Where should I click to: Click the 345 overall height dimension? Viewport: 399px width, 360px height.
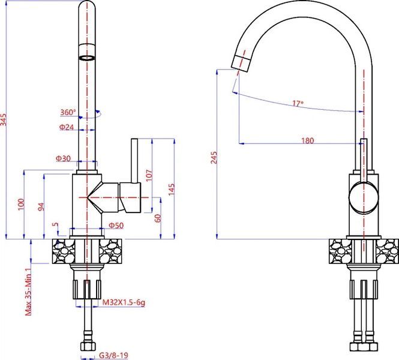coord(4,119)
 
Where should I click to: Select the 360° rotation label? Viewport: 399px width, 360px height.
coord(68,112)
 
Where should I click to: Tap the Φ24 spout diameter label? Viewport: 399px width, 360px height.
coord(67,127)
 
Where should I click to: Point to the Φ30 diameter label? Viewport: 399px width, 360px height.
coord(63,158)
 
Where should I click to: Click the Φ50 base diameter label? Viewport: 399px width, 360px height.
coord(116,226)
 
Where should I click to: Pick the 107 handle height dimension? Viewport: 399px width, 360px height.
coord(149,175)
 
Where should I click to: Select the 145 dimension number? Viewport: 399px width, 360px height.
coord(172,189)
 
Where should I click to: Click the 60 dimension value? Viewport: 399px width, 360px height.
coord(158,218)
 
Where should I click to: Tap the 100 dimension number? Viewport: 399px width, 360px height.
coord(20,204)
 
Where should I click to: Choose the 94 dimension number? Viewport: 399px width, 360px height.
coord(41,207)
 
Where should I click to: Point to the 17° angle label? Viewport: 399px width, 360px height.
coord(298,104)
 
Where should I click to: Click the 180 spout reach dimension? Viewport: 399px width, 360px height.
coord(307,140)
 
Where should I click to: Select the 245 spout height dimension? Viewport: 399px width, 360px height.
coord(214,157)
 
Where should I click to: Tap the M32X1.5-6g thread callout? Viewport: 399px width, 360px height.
coord(124,302)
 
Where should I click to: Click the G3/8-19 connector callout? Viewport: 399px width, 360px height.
coord(113,355)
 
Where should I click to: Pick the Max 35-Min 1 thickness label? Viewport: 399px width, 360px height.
coord(29,292)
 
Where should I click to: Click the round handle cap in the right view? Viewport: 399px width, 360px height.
coord(364,197)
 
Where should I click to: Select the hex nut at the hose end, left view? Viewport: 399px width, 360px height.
coord(88,346)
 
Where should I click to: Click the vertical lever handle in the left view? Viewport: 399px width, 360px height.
coord(134,161)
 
